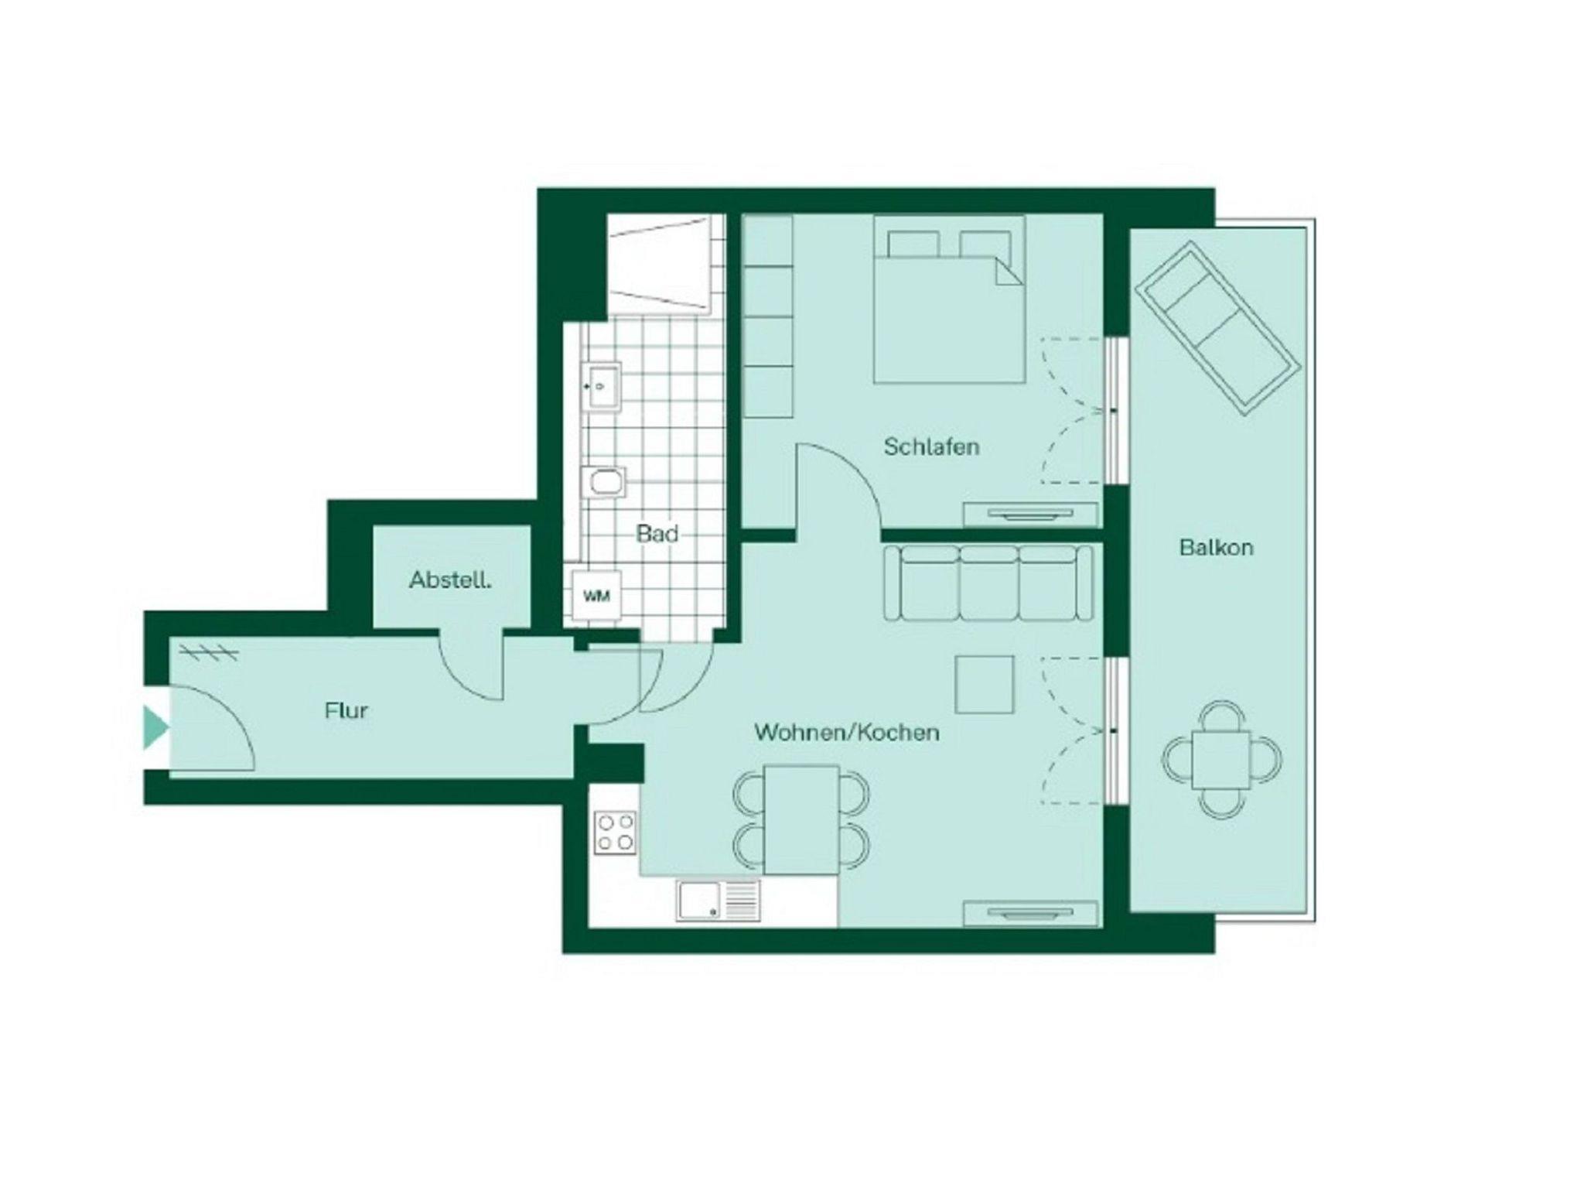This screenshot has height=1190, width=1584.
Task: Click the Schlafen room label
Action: click(931, 446)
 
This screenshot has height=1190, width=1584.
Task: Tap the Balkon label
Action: click(1216, 547)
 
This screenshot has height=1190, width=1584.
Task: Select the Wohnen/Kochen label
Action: click(847, 732)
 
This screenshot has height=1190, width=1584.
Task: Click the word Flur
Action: click(346, 710)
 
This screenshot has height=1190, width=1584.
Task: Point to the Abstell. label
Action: click(450, 580)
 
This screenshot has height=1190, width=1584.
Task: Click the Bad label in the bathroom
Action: click(657, 533)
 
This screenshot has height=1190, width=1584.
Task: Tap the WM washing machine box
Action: click(596, 596)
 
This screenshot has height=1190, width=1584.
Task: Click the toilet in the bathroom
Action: click(606, 483)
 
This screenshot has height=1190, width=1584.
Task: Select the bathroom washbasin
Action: click(602, 385)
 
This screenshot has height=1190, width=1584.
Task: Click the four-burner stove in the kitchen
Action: click(616, 833)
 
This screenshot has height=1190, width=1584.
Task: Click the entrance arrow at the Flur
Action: click(155, 727)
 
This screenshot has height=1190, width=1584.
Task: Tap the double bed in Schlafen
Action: click(950, 299)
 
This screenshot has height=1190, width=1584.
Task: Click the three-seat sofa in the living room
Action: click(989, 583)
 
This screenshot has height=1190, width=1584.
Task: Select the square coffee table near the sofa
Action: click(985, 685)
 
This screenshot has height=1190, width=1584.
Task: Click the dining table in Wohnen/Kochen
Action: click(802, 820)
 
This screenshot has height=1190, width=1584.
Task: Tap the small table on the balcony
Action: click(1221, 760)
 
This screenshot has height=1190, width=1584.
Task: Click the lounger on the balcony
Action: click(1217, 328)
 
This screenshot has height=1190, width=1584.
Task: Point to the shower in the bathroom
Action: click(659, 265)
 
